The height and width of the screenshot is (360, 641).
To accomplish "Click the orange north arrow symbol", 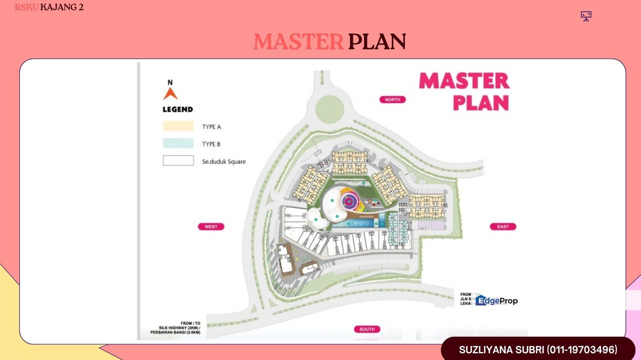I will tap(170, 93).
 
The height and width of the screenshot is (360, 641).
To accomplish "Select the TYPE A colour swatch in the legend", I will tap(178, 126).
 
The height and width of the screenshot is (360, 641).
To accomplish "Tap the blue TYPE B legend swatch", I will tap(178, 143).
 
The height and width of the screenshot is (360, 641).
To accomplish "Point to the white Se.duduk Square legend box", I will tap(178, 161).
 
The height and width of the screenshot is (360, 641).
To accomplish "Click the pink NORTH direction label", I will tap(392, 99).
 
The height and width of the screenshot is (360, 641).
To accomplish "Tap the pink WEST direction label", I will tap(211, 226).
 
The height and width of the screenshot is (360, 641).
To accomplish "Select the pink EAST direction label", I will tap(502, 226).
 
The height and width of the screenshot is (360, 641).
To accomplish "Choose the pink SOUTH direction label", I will tap(367, 329).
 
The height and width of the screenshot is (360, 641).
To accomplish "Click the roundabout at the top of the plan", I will tap(329, 106).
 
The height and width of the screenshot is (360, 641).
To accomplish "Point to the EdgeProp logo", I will tap(496, 300).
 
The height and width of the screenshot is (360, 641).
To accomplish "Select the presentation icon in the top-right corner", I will tap(586, 16).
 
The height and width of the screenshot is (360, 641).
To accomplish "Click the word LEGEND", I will tap(177, 109).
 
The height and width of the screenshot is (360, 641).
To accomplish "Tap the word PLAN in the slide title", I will tap(377, 42).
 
